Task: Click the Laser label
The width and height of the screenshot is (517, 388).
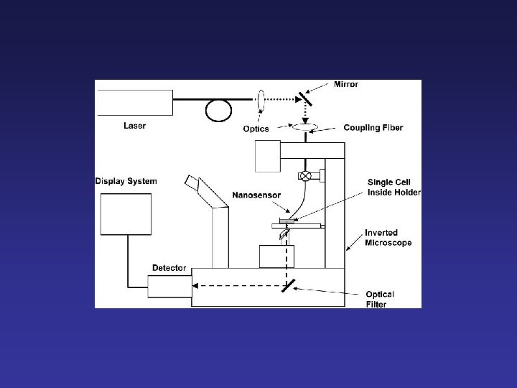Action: click(x=134, y=126)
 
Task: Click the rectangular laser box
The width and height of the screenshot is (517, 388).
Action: click(x=134, y=103)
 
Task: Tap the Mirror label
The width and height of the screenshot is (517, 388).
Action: click(x=346, y=84)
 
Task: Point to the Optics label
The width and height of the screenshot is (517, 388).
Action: click(x=256, y=129)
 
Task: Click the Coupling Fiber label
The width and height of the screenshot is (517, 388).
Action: click(x=373, y=128)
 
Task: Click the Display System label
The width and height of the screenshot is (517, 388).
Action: click(x=126, y=181)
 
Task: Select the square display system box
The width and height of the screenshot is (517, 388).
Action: click(x=126, y=214)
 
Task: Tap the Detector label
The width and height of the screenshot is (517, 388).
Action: click(x=169, y=268)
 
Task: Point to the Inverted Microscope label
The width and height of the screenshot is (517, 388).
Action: click(x=388, y=238)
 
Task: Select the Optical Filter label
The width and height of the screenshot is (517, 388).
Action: click(x=380, y=299)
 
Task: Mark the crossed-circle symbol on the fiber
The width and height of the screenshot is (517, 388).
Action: click(x=305, y=175)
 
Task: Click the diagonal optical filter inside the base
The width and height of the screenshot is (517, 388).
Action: click(x=289, y=287)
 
